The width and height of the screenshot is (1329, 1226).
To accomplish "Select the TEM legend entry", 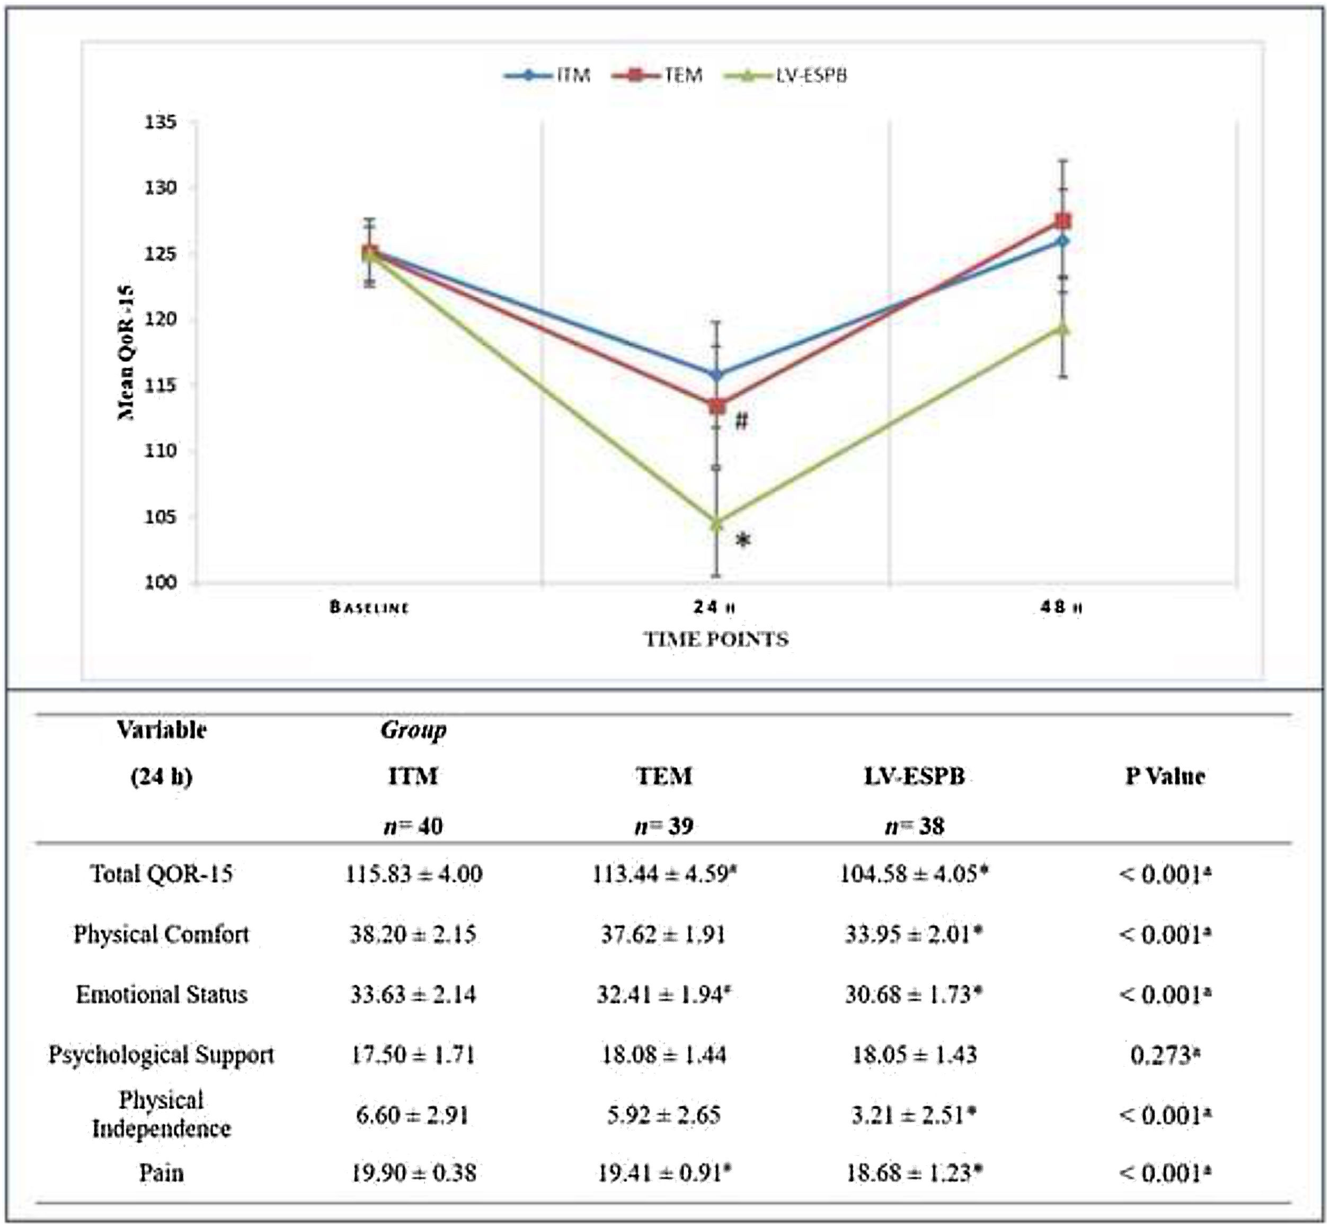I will click(x=670, y=76).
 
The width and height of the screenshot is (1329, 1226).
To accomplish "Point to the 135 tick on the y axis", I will click(x=161, y=123).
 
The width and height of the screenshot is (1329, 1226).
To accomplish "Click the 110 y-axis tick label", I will click(x=161, y=451).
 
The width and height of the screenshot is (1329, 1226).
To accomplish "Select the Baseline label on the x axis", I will click(x=369, y=607).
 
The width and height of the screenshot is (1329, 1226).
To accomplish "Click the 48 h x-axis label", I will click(x=1061, y=607).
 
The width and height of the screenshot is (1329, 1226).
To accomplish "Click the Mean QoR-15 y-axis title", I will click(x=126, y=352).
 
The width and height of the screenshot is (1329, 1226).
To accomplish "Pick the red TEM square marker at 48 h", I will click(x=1063, y=221).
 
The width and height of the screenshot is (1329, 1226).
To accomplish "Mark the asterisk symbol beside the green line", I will click(x=743, y=541).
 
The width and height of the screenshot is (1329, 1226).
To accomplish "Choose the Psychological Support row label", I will click(x=161, y=1055).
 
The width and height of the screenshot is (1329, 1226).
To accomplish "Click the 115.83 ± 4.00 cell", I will click(x=413, y=874).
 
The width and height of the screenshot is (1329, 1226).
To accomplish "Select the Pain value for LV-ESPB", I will click(x=914, y=1173).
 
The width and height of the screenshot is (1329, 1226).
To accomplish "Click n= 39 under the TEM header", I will click(x=664, y=826).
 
